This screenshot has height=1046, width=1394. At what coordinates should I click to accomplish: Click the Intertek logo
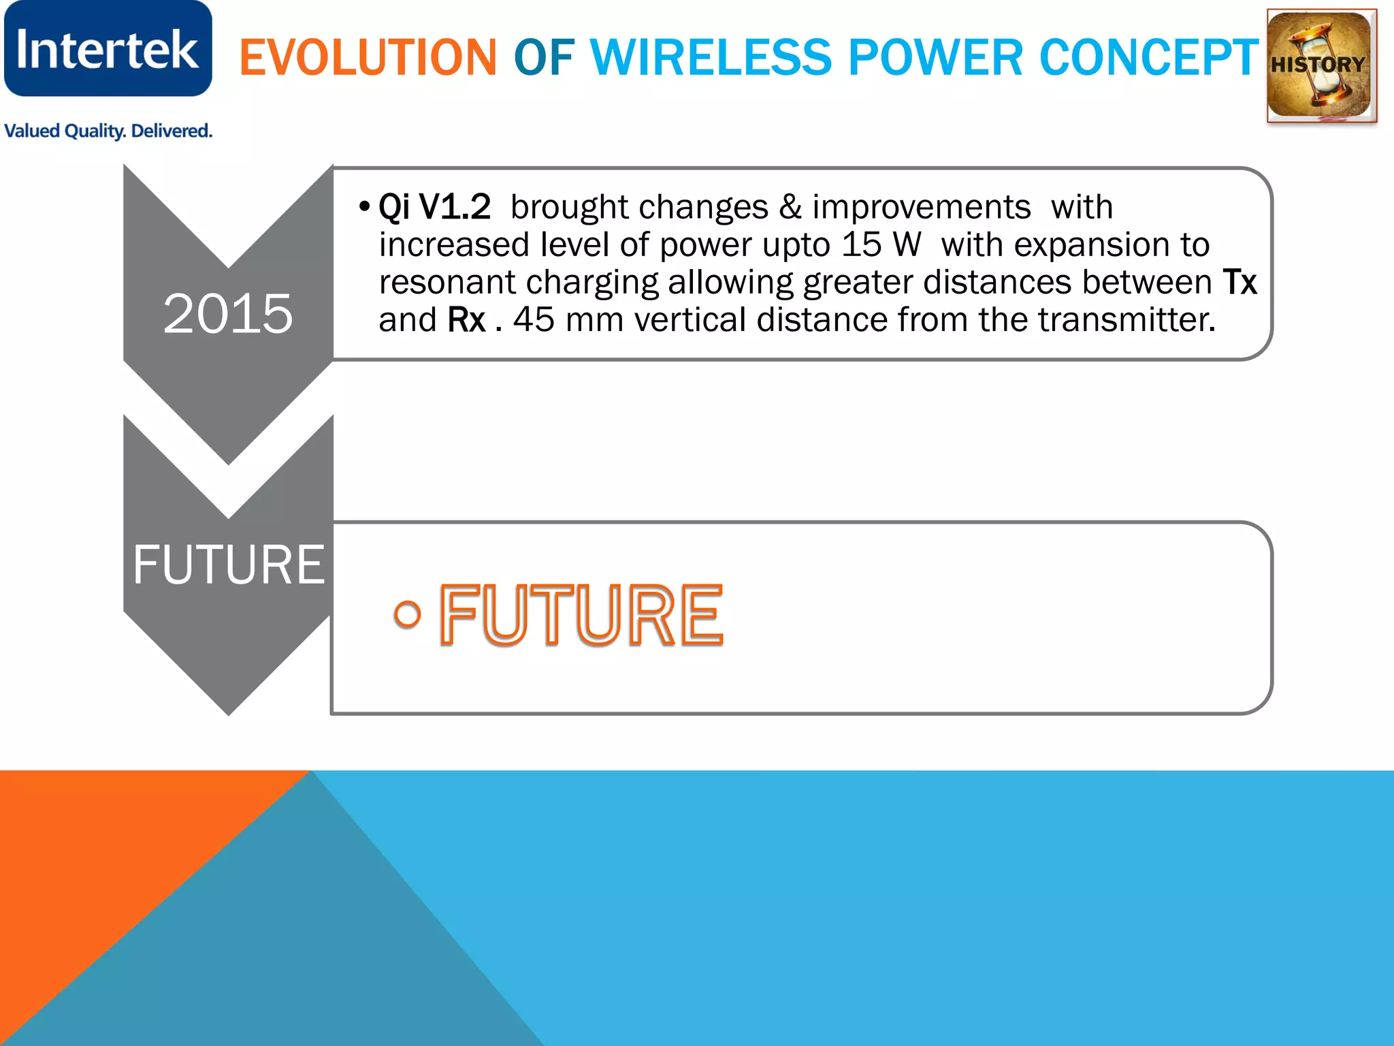pos(108,49)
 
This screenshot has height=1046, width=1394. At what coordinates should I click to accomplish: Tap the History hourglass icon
pos(1320,66)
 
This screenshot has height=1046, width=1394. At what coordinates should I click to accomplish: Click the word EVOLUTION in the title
pos(368,57)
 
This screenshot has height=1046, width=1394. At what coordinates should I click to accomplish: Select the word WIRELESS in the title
pos(711,57)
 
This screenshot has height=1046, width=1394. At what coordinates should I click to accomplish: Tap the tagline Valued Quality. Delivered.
pos(108,131)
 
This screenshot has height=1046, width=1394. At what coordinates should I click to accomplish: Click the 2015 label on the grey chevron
pos(228,314)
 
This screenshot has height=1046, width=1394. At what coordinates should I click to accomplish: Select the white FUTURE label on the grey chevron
pos(229,565)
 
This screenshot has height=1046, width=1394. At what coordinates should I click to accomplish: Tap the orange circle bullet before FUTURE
pos(407,614)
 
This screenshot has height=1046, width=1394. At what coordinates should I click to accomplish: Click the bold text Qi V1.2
pos(434,207)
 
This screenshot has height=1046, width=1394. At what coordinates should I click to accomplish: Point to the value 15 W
pos(881,244)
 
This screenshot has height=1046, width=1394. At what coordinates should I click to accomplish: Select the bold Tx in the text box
pos(1239,282)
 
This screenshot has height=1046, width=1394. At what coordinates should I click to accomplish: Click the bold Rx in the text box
pos(467,320)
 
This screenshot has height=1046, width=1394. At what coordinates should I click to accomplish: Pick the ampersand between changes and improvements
pos(790,207)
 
